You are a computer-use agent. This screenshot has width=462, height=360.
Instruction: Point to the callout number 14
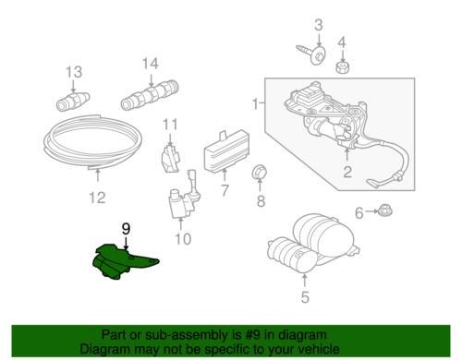point(150,64)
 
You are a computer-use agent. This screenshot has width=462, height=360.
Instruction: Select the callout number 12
point(96,198)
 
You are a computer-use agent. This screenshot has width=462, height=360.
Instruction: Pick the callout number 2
point(347,172)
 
